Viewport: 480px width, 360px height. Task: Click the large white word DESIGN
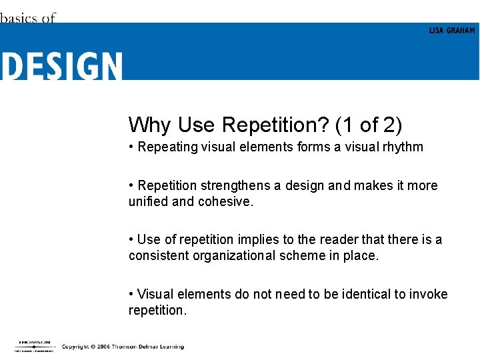point(61,66)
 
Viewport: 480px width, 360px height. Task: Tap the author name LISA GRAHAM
point(452,31)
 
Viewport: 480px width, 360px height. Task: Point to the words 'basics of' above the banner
point(27,18)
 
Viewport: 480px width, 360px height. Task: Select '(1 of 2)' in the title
point(369,125)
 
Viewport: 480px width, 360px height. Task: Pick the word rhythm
point(402,147)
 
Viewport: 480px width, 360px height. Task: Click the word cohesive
point(226,201)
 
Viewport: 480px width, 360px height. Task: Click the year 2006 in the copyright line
point(101,347)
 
